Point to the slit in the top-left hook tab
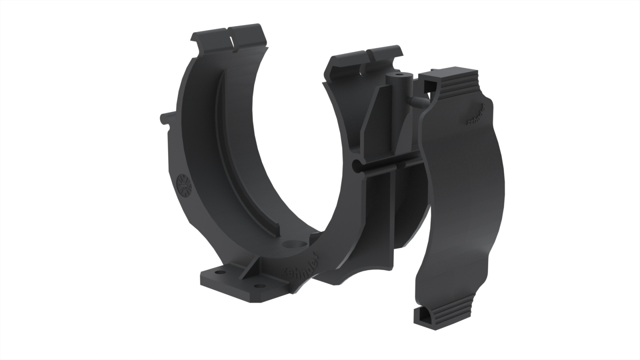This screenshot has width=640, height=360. [230, 38]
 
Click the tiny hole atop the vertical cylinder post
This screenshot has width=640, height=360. [399, 75]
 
